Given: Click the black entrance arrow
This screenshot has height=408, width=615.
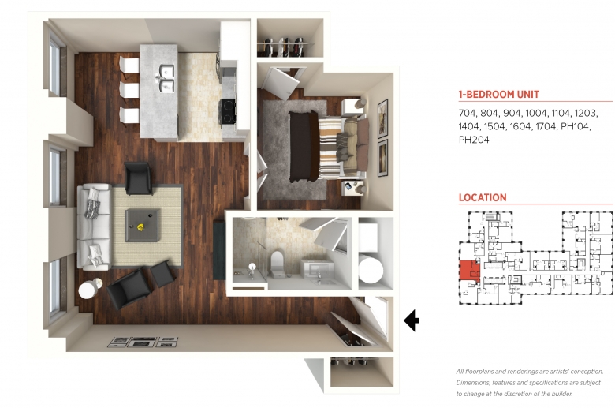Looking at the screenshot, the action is pyautogui.click(x=411, y=320).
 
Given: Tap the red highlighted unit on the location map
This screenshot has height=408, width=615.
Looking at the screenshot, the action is pyautogui.click(x=469, y=270).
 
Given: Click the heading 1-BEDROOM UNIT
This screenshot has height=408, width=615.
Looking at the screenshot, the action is pyautogui.click(x=499, y=94).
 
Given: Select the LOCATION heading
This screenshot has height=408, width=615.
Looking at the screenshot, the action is pyautogui.click(x=483, y=197).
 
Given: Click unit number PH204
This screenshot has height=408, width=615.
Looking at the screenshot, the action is pyautogui.click(x=474, y=140).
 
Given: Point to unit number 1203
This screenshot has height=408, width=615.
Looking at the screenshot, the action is pyautogui.click(x=586, y=113).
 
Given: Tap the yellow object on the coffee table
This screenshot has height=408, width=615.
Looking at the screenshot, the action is pyautogui.click(x=140, y=226).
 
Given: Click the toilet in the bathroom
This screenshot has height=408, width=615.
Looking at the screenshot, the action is pyautogui.click(x=277, y=264).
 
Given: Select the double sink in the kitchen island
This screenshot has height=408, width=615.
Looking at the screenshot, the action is pyautogui.click(x=166, y=79).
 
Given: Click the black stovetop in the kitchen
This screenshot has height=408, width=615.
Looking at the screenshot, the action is pyautogui.click(x=228, y=111).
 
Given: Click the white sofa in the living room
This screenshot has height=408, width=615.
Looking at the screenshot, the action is pyautogui.click(x=94, y=227).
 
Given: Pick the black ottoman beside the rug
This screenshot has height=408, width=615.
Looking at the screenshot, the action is pyautogui.click(x=162, y=273).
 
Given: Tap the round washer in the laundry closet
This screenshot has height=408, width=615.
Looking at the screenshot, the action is pyautogui.click(x=371, y=269).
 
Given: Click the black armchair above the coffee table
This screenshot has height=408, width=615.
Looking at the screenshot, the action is pyautogui.click(x=138, y=178).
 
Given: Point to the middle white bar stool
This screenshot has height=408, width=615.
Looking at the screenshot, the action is pyautogui.click(x=129, y=90).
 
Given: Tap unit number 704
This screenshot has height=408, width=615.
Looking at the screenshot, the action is pyautogui.click(x=468, y=113).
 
